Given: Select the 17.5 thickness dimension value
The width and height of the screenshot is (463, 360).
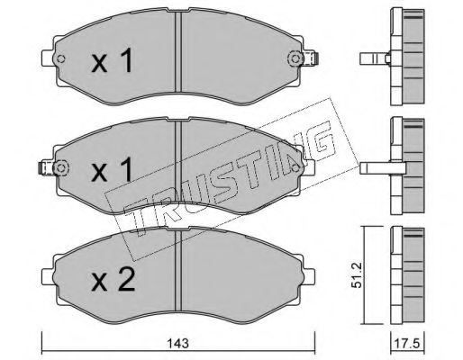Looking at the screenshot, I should [x=411, y=343].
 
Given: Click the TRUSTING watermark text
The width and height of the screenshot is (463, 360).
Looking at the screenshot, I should [x=225, y=171].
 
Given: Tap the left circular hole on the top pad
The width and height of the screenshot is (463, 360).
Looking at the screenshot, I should [x=61, y=61].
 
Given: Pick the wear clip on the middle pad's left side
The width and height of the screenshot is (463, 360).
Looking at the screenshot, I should [x=45, y=167].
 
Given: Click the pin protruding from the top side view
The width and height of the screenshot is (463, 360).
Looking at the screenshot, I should [x=371, y=60].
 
